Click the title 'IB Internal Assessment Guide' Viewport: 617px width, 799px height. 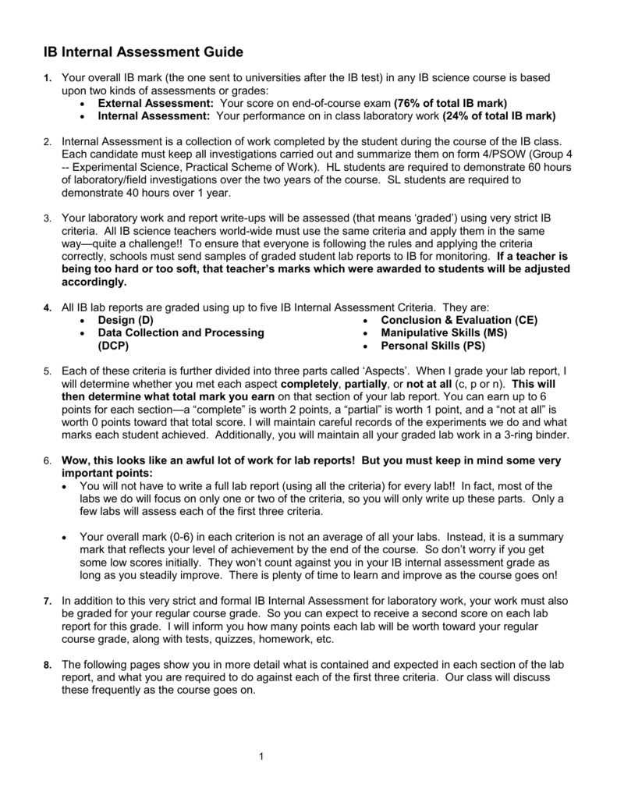143,52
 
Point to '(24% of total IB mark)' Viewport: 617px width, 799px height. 498,116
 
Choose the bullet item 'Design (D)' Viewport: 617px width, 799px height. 126,320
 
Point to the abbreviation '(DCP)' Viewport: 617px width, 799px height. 113,346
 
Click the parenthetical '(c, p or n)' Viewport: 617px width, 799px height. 474,384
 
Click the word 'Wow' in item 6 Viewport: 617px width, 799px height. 76,460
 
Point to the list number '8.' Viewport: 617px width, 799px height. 48,665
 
